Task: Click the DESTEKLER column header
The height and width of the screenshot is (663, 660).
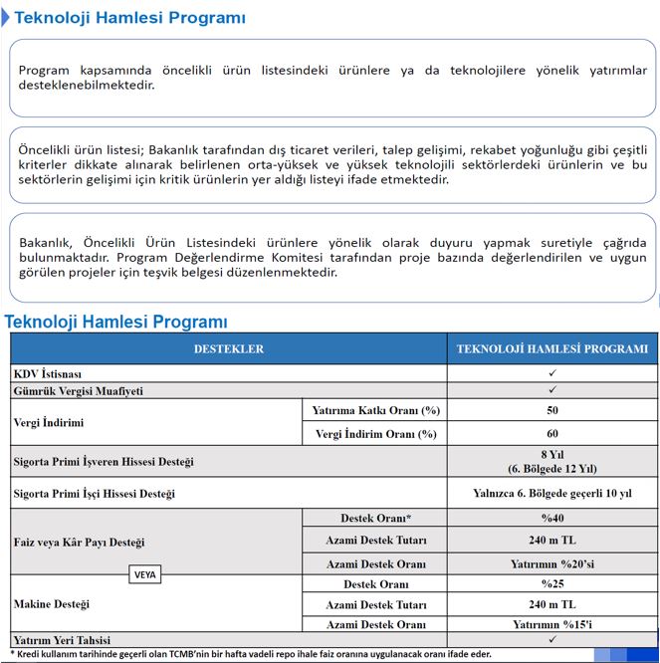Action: pyautogui.click(x=228, y=349)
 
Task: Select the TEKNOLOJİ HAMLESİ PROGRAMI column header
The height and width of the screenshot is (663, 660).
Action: pyautogui.click(x=551, y=349)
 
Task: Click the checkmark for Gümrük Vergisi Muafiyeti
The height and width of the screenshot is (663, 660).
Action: pyautogui.click(x=551, y=390)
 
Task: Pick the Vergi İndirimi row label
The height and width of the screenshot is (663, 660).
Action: pyautogui.click(x=48, y=422)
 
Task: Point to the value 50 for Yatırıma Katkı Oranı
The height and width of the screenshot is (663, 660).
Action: pyautogui.click(x=551, y=410)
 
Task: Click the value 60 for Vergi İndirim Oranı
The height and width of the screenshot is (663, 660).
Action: pyautogui.click(x=551, y=434)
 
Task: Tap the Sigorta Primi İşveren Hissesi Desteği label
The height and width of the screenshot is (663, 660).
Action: pyautogui.click(x=104, y=462)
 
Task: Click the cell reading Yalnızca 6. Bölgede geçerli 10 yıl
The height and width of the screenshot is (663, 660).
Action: pyautogui.click(x=551, y=493)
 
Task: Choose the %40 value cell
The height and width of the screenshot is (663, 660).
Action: pyautogui.click(x=551, y=519)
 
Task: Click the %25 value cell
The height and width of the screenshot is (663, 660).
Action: pyautogui.click(x=551, y=583)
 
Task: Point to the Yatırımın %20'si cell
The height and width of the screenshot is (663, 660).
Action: pyautogui.click(x=551, y=563)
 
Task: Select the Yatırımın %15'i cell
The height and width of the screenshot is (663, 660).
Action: pyautogui.click(x=551, y=624)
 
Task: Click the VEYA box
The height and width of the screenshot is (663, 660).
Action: pyautogui.click(x=145, y=574)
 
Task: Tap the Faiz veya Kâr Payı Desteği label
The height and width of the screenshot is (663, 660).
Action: pyautogui.click(x=80, y=543)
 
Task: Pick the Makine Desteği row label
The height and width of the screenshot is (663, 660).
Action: pyautogui.click(x=52, y=603)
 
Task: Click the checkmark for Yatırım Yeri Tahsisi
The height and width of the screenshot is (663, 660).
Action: pyautogui.click(x=551, y=639)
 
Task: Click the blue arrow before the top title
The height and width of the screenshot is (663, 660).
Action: pyautogui.click(x=7, y=18)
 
